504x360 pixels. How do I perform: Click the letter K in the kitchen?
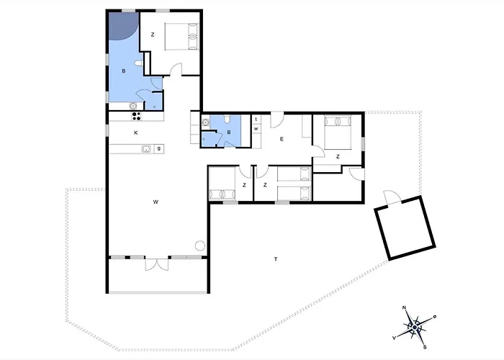point(136,132)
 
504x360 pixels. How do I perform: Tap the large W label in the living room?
point(156,202)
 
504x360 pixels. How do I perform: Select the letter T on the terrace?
point(276,259)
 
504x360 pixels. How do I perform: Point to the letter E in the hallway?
point(282,139)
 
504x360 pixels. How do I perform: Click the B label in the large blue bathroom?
point(124,71)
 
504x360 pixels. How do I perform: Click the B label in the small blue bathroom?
point(229,132)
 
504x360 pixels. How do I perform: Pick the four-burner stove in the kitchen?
point(136,116)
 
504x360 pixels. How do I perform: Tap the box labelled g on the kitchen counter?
point(159,148)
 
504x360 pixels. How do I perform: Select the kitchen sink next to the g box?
point(147,148)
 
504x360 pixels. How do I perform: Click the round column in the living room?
point(200,246)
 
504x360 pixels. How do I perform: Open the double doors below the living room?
point(157,264)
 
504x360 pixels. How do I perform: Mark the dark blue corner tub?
point(123,26)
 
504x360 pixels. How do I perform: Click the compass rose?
point(415,327)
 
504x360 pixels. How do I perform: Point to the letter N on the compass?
point(404,308)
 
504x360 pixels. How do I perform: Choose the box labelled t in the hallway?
point(256,120)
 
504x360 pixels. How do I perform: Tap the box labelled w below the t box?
point(256,129)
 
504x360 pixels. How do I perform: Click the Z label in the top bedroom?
point(153,35)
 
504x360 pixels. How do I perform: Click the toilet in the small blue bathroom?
point(228,120)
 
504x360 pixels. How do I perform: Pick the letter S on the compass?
point(425,347)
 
